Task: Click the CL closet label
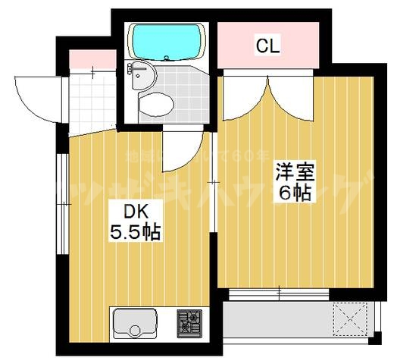tap(267, 46)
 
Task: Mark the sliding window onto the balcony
tap(280, 292)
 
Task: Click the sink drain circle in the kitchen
tap(135, 331)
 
